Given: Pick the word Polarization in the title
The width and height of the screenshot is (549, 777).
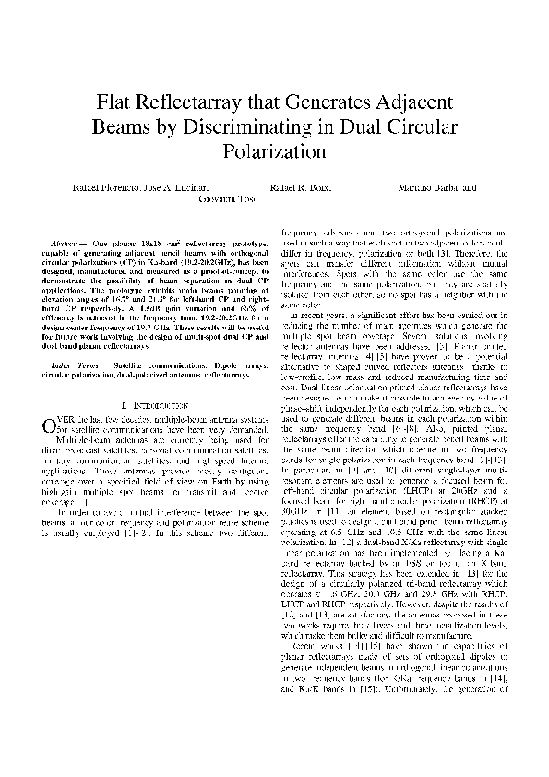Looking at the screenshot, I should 274,149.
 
